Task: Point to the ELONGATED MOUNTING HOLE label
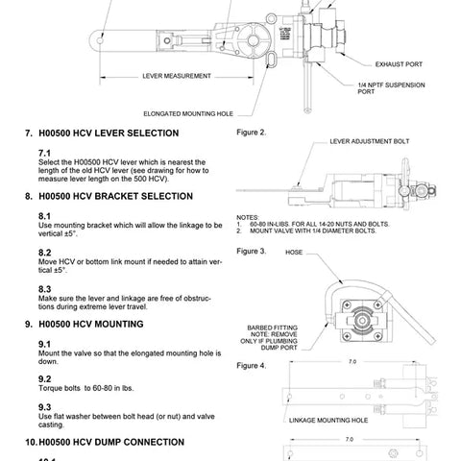click(188, 112)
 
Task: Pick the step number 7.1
click(44, 153)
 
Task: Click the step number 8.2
click(44, 253)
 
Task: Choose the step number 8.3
click(44, 288)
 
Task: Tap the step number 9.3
click(44, 405)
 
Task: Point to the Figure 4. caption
click(251, 366)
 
